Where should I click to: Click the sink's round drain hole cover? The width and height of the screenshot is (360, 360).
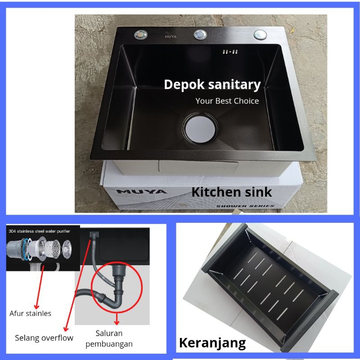[x=200, y=129]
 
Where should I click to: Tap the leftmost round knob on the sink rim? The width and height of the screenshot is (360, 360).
[x=141, y=35]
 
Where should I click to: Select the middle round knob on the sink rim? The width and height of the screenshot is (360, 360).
[x=200, y=35]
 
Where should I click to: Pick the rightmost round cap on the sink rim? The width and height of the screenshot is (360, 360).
[x=260, y=35]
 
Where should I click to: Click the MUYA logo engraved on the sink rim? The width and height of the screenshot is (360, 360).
[x=171, y=36]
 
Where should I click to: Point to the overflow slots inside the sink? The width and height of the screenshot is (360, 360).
[x=230, y=52]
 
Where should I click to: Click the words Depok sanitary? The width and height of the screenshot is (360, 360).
[x=212, y=85]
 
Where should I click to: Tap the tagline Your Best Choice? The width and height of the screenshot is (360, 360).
[x=227, y=101]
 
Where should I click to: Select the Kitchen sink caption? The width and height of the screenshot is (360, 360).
[x=231, y=192]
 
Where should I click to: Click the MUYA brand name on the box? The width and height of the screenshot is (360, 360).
[x=141, y=192]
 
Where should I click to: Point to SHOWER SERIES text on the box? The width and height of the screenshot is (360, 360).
[x=245, y=206]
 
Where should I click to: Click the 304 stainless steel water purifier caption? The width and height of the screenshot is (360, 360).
[x=39, y=231]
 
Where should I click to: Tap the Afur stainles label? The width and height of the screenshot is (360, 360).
[x=30, y=313]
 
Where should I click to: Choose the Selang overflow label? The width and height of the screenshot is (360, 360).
[x=44, y=338]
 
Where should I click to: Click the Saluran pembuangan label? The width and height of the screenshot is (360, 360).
[x=109, y=338]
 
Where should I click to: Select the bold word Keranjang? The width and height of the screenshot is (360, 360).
[x=212, y=343]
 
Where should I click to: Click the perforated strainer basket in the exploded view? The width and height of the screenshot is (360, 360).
[x=53, y=249]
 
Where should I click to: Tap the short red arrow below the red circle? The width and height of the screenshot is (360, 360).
[x=117, y=319]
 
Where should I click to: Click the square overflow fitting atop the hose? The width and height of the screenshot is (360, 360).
[x=94, y=234]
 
